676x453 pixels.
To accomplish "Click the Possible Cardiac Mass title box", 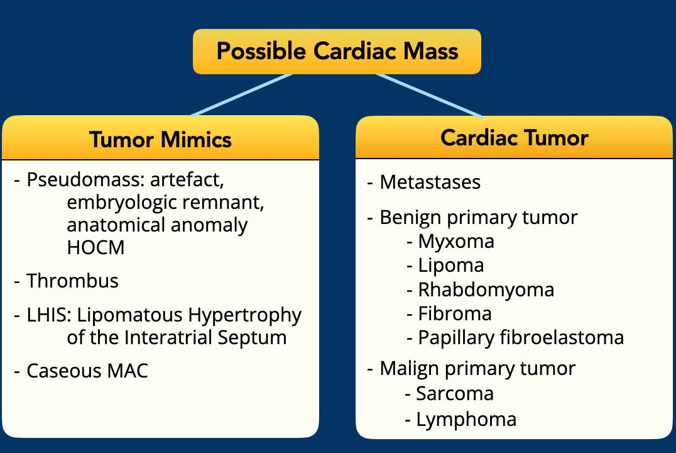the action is (337, 52).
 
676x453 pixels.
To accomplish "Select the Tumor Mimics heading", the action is (160, 140).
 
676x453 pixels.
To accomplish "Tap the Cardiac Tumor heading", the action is (515, 138).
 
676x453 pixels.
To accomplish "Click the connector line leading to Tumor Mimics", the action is (242, 95).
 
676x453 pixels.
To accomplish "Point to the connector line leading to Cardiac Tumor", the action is (429, 96).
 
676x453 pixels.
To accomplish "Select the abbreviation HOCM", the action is (95, 247).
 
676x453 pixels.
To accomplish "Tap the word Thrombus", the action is (72, 281).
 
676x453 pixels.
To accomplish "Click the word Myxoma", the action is (456, 242).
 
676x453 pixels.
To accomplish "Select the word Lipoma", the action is (451, 266).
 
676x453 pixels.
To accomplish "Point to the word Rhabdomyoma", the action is (486, 290).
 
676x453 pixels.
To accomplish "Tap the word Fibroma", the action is (455, 313).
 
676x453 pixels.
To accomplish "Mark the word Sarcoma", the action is (455, 393).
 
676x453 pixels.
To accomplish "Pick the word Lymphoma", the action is (466, 419).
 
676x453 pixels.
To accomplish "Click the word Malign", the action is (410, 369).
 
